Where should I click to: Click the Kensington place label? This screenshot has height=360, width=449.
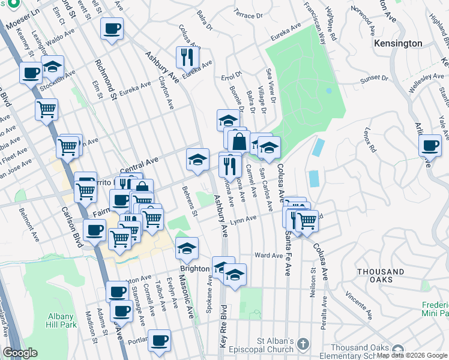point(397,44)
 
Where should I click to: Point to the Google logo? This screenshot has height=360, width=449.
point(20,353)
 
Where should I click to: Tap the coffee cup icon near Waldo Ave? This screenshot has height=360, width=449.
point(111,29)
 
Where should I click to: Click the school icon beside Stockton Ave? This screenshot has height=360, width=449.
point(53,66)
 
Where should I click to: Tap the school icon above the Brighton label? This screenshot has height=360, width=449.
point(187,248)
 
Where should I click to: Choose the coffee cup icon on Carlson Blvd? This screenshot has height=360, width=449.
point(94,230)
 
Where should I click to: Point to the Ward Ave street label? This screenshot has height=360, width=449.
point(268,255)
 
